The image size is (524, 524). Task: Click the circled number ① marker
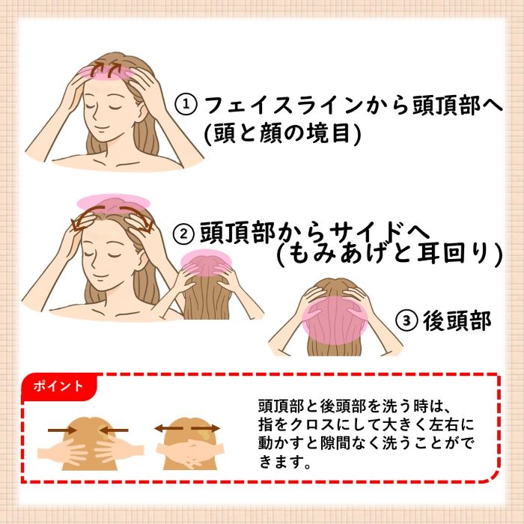(x=186, y=105)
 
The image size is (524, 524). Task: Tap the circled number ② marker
(x=183, y=234)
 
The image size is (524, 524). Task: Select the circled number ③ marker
(x=406, y=320)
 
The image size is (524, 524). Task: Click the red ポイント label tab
(x=59, y=386)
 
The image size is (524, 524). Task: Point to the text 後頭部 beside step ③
(x=457, y=320)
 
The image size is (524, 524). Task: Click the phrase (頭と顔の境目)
(x=283, y=133)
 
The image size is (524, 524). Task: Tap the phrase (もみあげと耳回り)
(x=390, y=254)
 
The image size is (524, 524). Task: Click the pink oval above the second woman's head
(x=113, y=203)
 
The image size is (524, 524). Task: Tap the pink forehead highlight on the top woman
(x=108, y=72)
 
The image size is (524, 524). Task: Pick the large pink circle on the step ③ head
(x=335, y=320)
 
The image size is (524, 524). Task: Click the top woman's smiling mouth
(x=101, y=127)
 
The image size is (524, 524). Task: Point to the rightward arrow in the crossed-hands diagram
(x=205, y=428)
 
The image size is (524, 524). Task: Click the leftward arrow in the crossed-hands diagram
(x=168, y=427)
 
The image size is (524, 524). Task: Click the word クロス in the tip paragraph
(x=312, y=425)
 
